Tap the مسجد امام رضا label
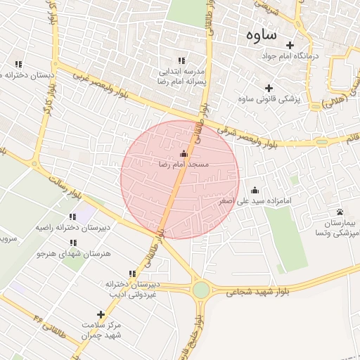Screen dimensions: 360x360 pos(183,164)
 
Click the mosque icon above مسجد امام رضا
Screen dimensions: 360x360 pos(184,153)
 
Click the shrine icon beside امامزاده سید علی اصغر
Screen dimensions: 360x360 pos(255,190)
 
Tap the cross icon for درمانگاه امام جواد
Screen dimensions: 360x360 pos(290,45)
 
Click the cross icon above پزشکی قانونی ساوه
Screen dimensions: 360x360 pos(268,89)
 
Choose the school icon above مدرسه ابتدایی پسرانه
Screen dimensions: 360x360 pos(181,61)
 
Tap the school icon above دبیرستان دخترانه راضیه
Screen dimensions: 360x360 pos(72,217)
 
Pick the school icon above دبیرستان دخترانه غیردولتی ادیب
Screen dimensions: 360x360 pos(131,274)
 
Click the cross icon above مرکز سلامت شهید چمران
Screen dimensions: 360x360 pos(101,314)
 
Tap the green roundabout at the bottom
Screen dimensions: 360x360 pos(201,289)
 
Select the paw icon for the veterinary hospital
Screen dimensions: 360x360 pos(340,212)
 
